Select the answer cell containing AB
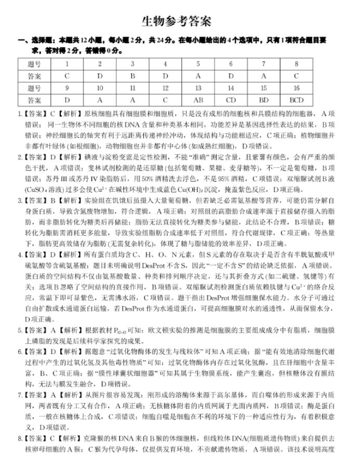click(x=198, y=100)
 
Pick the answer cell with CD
click(x=231, y=100)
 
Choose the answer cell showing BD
click(x=263, y=100)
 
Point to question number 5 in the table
click(x=198, y=64)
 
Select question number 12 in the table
click(x=165, y=88)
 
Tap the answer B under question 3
click(x=132, y=76)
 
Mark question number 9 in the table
click(x=67, y=88)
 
